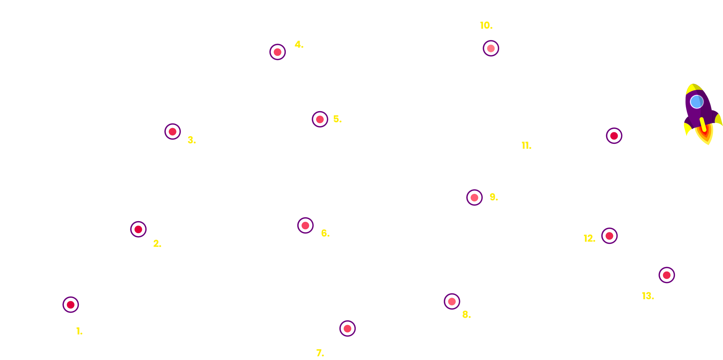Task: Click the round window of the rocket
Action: (696, 102)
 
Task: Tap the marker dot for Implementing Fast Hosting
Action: (71, 305)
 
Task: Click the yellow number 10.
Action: (486, 25)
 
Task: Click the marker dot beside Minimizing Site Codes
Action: (320, 119)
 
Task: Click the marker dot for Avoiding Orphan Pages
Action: (475, 197)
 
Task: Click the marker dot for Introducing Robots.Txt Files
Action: (667, 275)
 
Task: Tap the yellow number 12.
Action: (589, 238)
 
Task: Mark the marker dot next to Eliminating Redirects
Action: (305, 225)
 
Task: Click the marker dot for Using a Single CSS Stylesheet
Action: (173, 132)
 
